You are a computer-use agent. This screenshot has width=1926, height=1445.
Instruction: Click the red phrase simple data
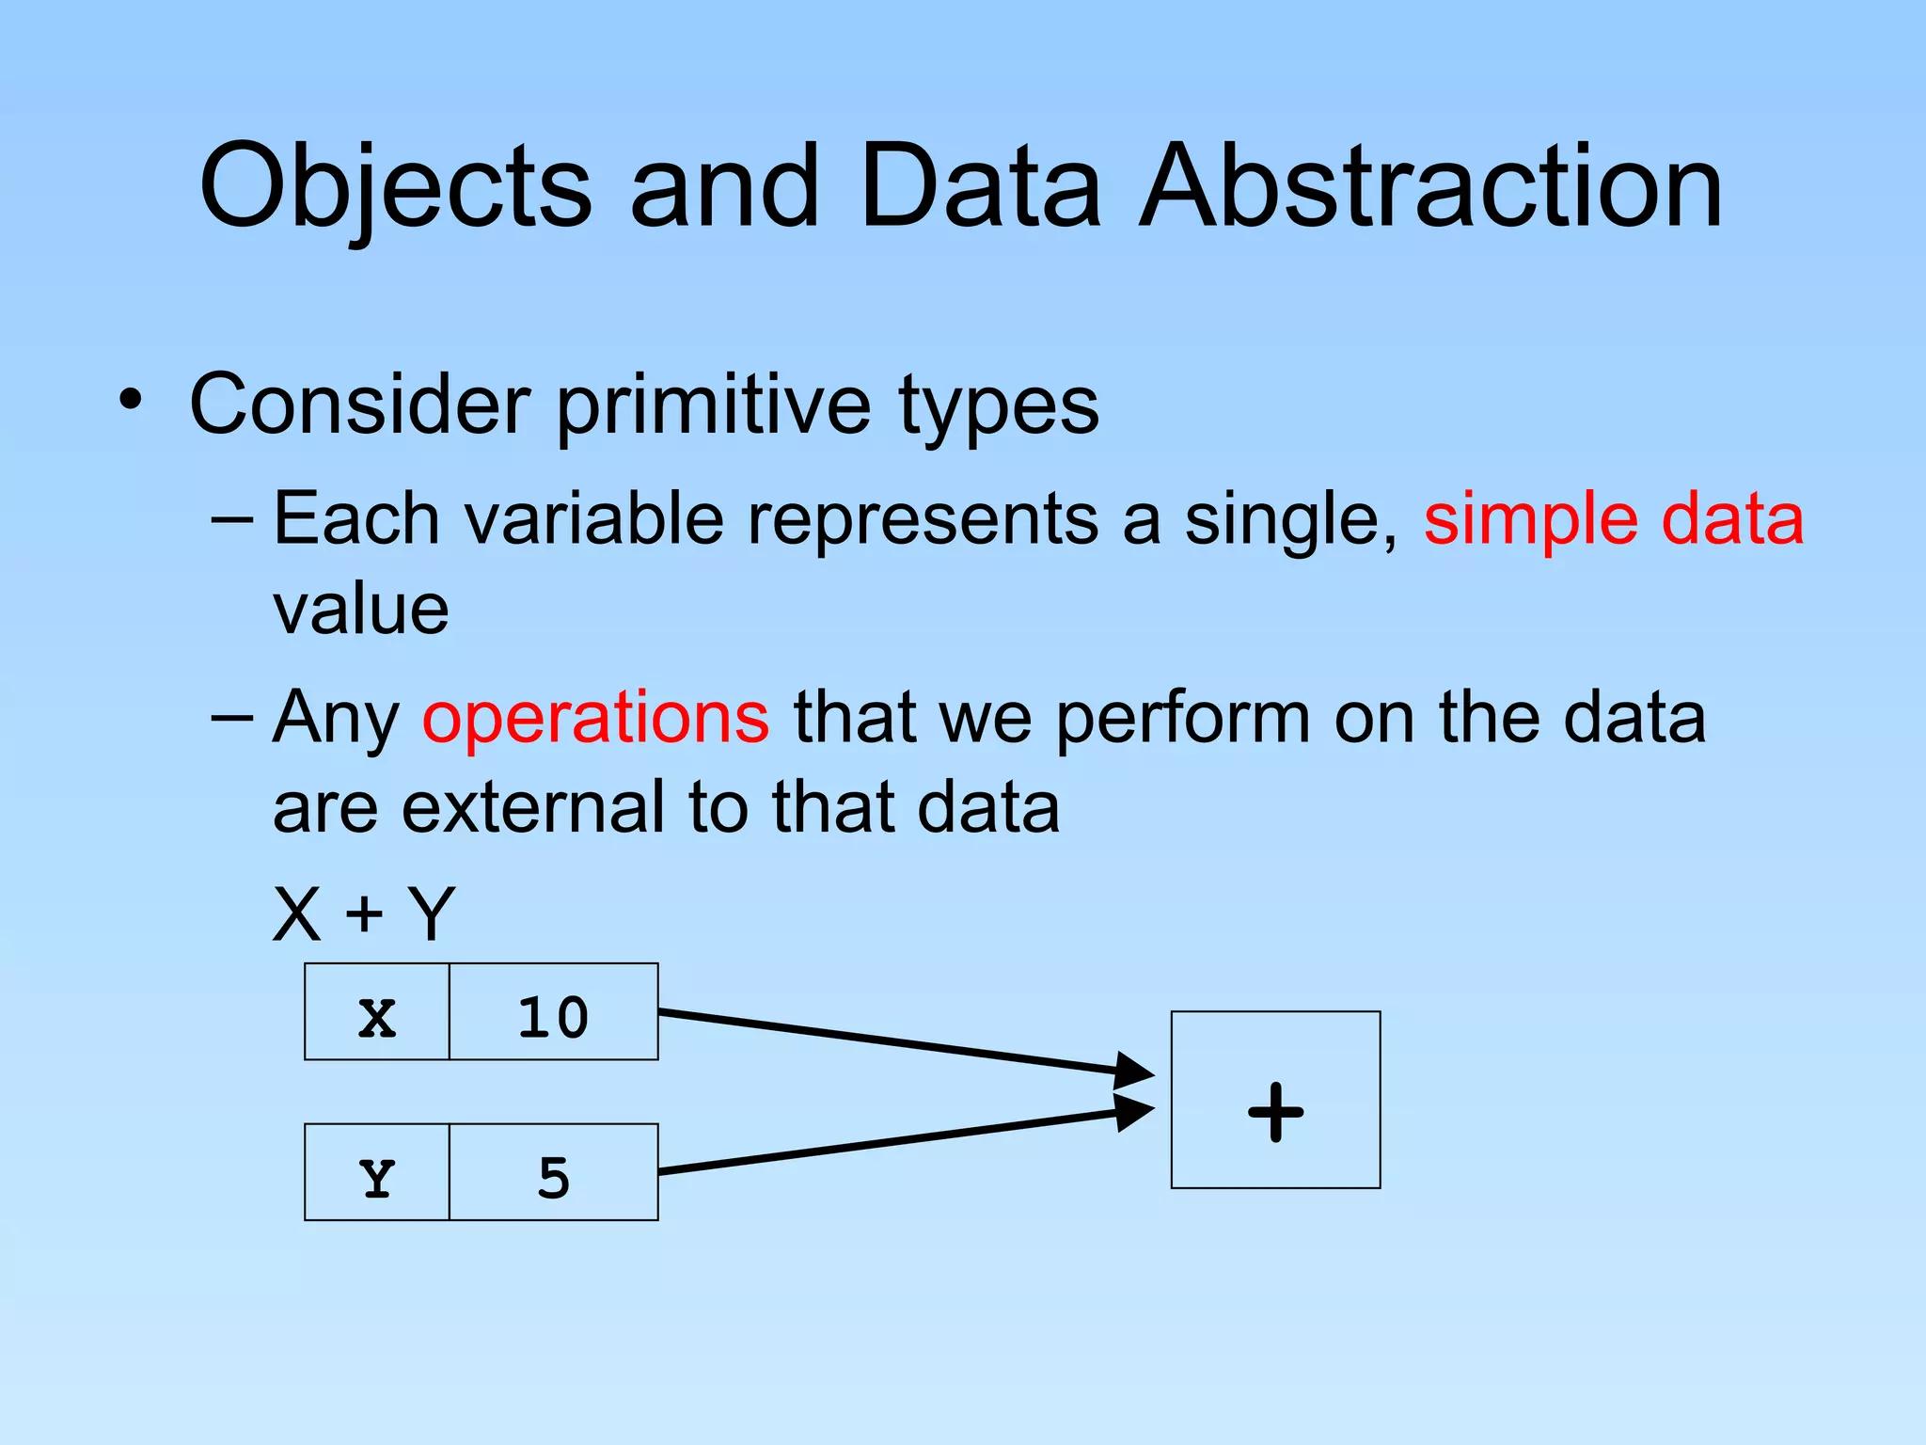pyautogui.click(x=1613, y=519)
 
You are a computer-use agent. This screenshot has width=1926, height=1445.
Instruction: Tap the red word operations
pyautogui.click(x=595, y=718)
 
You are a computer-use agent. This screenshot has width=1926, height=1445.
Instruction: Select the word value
pyautogui.click(x=361, y=611)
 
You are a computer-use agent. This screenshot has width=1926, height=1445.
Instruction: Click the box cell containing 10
pyautogui.click(x=553, y=1013)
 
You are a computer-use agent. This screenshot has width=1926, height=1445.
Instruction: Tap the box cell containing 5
pyautogui.click(x=553, y=1173)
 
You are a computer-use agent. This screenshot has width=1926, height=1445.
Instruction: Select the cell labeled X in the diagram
pyautogui.click(x=376, y=1013)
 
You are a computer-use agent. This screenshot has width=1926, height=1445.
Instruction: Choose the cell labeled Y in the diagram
pyautogui.click(x=376, y=1173)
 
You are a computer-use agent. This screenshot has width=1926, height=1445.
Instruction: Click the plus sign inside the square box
pyautogui.click(x=1275, y=1112)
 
